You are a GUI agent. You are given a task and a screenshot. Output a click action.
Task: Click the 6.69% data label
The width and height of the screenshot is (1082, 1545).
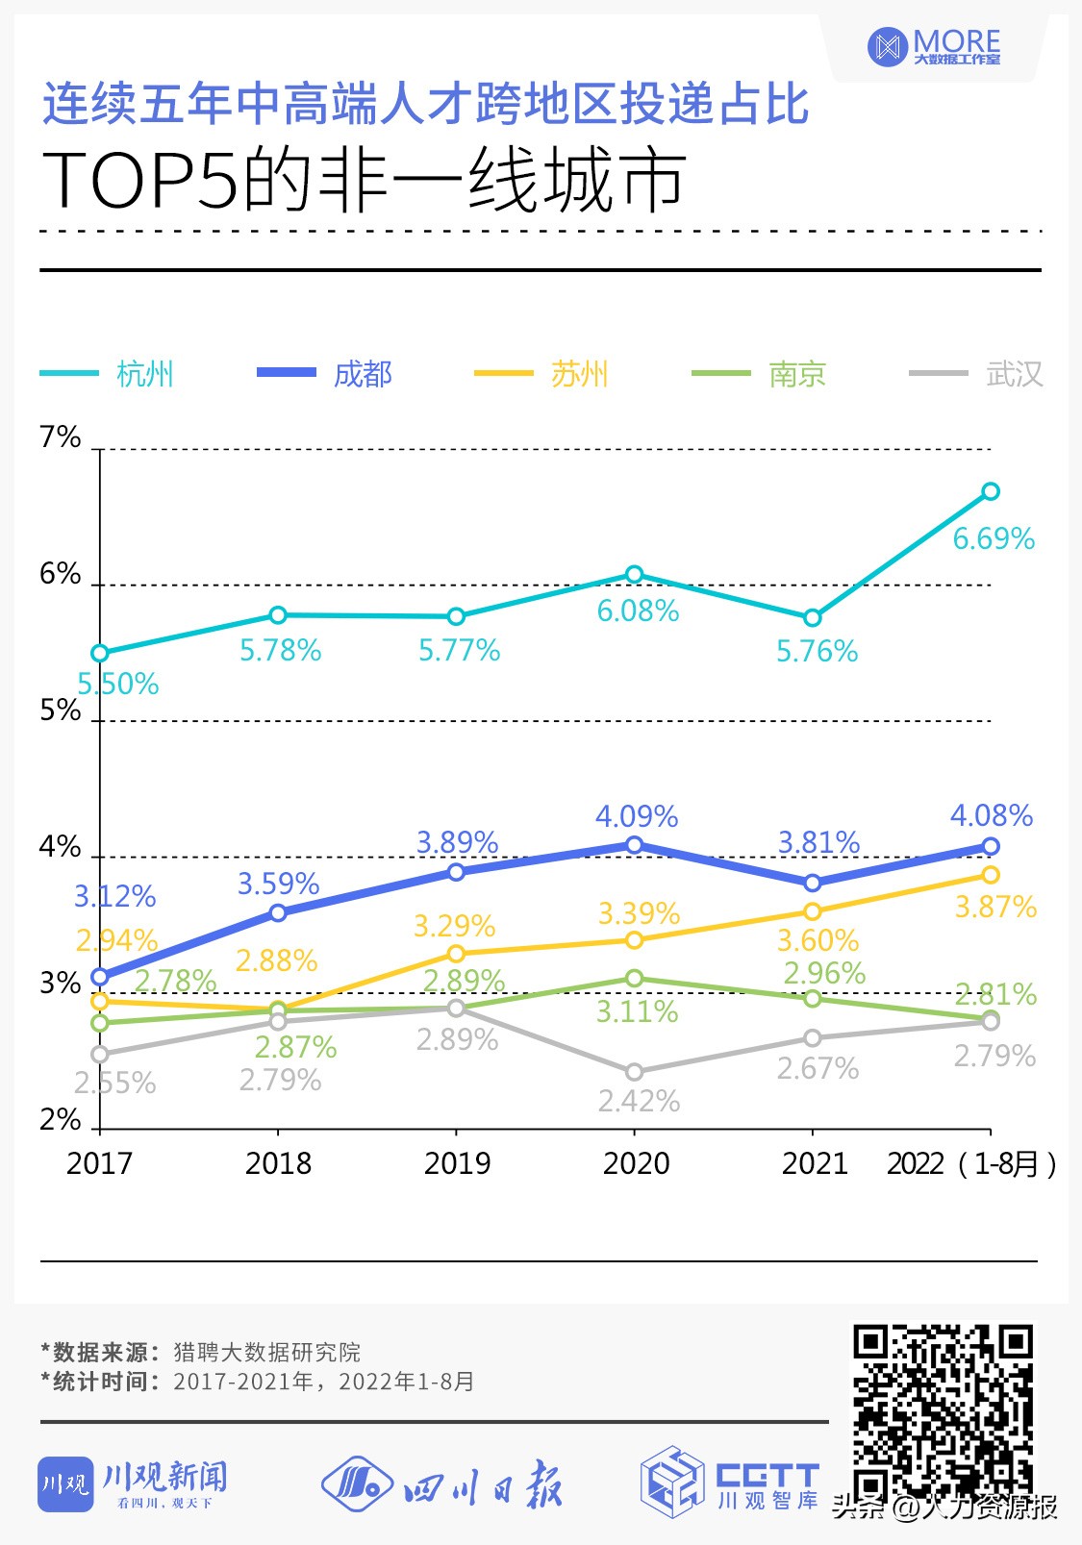tap(994, 538)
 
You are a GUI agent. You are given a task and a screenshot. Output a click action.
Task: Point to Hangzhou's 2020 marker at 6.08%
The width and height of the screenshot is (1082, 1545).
tap(635, 575)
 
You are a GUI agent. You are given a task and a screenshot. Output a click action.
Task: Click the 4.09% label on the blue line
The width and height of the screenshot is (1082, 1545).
tap(637, 817)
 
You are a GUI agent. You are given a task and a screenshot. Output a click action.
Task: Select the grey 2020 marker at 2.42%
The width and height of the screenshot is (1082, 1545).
tap(635, 1072)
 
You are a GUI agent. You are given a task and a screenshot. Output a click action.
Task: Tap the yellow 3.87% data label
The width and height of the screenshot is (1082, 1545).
tap(995, 908)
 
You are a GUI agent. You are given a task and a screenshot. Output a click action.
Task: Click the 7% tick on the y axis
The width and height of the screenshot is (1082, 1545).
tap(60, 437)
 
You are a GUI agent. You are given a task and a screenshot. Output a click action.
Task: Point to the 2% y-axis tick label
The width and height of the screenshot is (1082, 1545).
tap(60, 1120)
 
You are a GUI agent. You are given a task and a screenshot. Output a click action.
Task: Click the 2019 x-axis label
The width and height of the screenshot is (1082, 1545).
tap(457, 1163)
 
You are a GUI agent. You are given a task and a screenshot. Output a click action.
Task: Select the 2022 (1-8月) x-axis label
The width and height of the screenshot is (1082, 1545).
tap(971, 1164)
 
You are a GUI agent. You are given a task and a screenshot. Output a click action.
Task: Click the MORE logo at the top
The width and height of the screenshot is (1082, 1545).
tap(934, 46)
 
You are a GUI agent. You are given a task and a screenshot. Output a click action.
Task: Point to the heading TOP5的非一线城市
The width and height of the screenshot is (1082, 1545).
tap(364, 181)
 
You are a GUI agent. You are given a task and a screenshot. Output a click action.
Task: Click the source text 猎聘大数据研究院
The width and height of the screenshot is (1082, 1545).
tap(267, 1353)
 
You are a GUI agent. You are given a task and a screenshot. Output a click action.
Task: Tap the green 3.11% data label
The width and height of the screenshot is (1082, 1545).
tap(638, 1012)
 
